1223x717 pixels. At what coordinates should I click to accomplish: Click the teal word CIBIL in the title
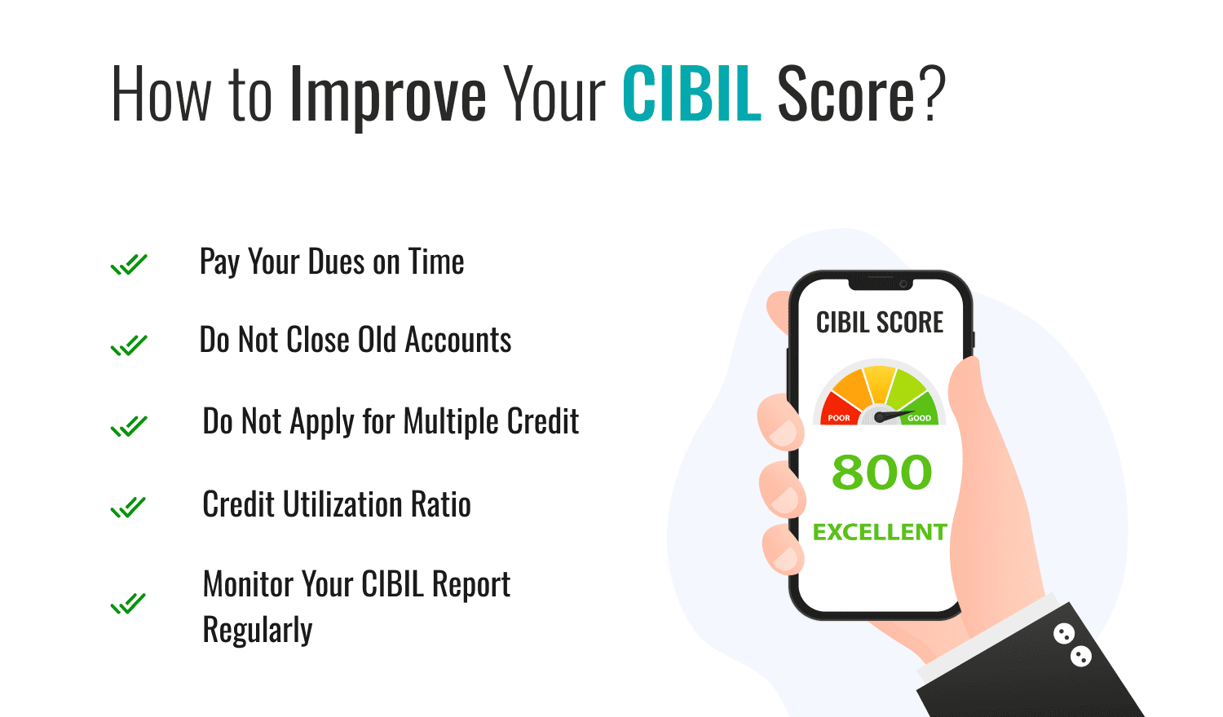[691, 95]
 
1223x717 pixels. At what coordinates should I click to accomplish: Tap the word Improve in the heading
[387, 96]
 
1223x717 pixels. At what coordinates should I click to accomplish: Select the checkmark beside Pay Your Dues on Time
[129, 265]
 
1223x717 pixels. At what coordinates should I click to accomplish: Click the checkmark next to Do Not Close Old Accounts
[129, 345]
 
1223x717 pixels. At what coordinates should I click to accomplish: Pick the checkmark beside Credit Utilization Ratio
[129, 508]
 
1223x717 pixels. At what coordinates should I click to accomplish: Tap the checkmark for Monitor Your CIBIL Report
[129, 604]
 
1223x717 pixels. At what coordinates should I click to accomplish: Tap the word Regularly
[258, 631]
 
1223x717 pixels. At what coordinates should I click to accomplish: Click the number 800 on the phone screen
[881, 473]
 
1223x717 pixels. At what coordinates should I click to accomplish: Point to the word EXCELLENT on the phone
[880, 532]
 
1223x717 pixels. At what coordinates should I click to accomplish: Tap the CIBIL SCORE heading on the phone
[880, 323]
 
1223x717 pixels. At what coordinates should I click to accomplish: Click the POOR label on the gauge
[839, 418]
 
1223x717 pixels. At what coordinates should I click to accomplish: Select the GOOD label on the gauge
[919, 418]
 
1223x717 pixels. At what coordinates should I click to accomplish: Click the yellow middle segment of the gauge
[880, 383]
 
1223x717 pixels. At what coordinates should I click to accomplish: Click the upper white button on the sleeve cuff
[1063, 633]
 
